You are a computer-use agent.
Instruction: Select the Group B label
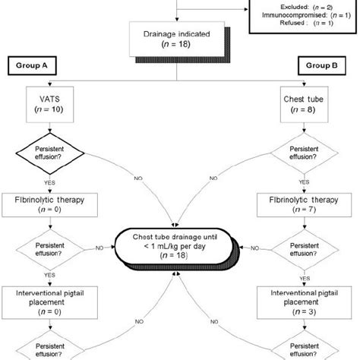pos(319,65)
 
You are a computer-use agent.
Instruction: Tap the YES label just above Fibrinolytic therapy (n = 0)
pos(49,182)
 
